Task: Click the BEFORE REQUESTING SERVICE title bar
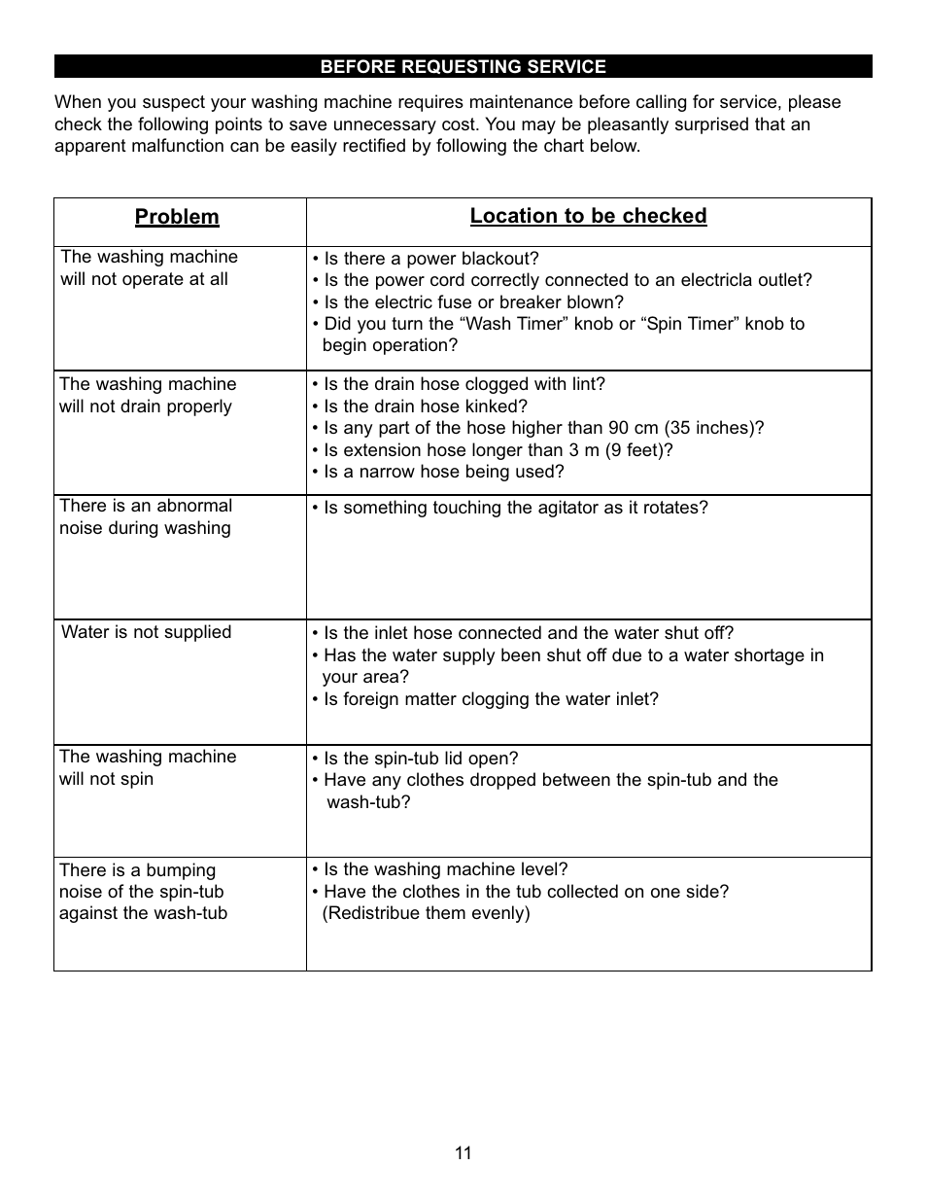coord(463,67)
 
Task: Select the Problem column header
coord(177,217)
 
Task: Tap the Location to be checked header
coord(588,216)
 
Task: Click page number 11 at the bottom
coord(463,1153)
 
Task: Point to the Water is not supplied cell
coord(147,632)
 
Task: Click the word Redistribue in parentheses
coord(379,913)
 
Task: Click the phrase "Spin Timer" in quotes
coord(686,324)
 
